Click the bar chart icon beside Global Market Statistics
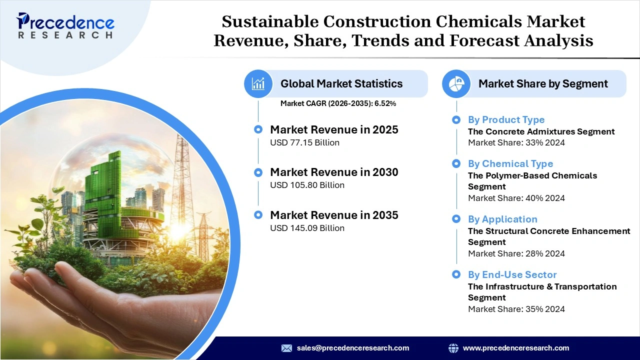258,83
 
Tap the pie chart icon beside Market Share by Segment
456,83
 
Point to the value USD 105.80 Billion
307,185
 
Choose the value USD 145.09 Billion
307,228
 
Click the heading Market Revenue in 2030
334,172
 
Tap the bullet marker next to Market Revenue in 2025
258,129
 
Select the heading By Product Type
506,119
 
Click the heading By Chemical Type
510,163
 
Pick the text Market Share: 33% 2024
516,142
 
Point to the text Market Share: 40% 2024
516,198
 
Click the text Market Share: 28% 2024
516,253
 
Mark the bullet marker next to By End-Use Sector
456,274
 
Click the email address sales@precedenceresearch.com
352,348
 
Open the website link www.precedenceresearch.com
515,348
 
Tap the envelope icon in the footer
286,348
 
